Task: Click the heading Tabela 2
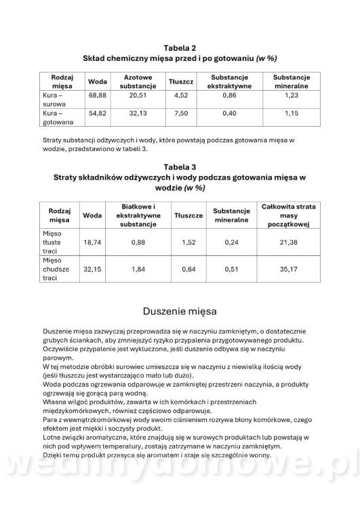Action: (180, 47)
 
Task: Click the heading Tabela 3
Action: (180, 166)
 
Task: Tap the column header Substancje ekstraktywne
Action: (229, 82)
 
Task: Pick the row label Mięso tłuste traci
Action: (52, 241)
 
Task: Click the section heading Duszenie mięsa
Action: (180, 312)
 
